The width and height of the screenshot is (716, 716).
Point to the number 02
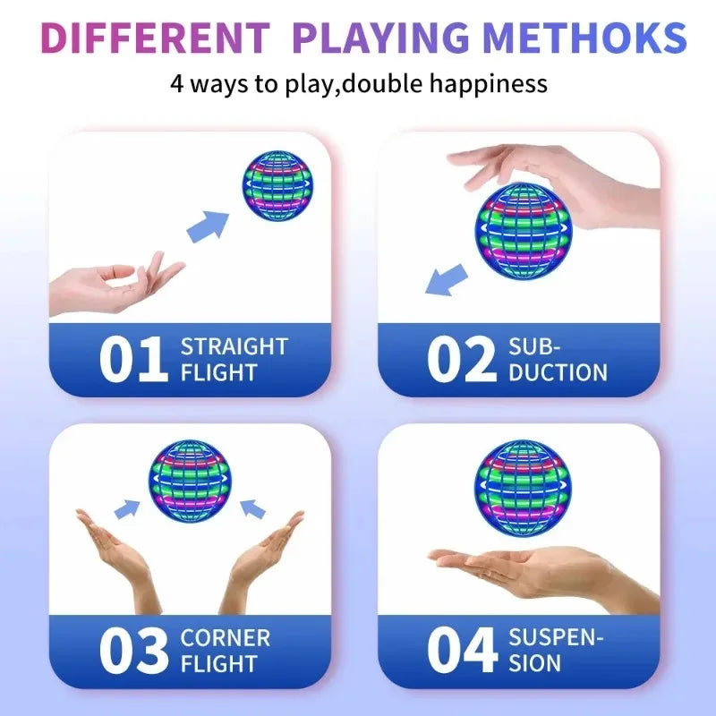460,360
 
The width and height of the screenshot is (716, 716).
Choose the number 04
460,652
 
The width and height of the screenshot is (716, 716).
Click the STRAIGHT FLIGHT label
234,359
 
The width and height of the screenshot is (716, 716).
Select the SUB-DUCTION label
557,360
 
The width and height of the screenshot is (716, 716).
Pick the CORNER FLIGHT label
225,651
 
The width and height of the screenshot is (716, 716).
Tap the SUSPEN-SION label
555,651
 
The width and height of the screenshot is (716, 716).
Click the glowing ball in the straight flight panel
277,186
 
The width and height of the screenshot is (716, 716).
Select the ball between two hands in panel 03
190,480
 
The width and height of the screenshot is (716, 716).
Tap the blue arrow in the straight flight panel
208,226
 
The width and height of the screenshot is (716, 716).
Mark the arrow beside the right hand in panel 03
253,509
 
